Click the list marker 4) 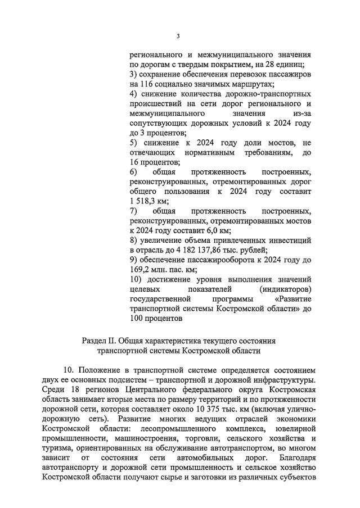[134, 94]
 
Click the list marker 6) [134, 172]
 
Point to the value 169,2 [140, 270]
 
